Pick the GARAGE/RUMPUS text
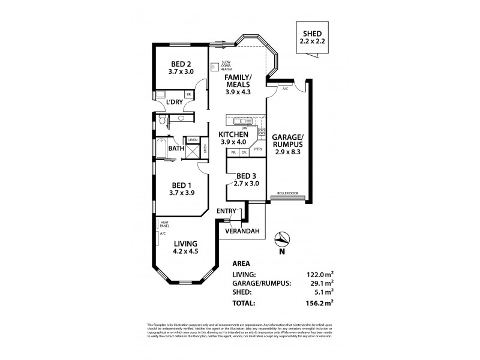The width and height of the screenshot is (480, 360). [x=287, y=140]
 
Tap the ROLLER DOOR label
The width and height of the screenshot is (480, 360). [x=287, y=194]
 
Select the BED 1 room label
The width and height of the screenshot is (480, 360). [x=181, y=187]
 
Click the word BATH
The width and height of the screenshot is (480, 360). [x=176, y=148]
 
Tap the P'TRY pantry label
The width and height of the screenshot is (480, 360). [x=259, y=149]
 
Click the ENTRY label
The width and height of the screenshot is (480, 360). [x=228, y=211]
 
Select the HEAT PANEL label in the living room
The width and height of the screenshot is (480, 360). [x=164, y=224]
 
